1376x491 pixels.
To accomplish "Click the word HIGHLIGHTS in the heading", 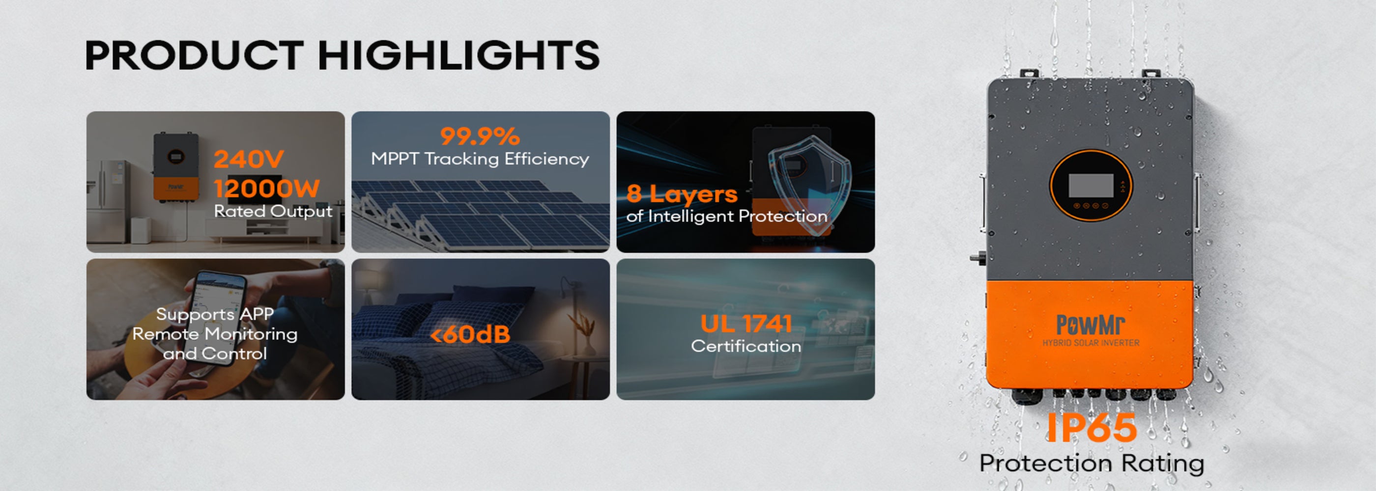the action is [x=459, y=55].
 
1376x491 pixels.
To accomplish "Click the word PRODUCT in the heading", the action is [x=195, y=55].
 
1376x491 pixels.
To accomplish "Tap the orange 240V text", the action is [x=249, y=159].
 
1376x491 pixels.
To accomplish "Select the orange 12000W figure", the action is [x=266, y=188].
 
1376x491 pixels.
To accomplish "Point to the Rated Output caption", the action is [x=273, y=211].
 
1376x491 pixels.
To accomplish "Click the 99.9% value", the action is [x=480, y=136].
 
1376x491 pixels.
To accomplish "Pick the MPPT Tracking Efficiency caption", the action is [x=480, y=159].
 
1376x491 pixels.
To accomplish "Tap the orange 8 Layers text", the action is [x=682, y=194].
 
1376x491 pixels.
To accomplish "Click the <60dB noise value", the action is [x=470, y=335].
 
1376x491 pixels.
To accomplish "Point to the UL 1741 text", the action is [x=745, y=324].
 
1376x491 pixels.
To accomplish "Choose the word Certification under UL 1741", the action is [x=745, y=346].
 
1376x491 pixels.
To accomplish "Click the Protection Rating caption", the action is [x=1091, y=463].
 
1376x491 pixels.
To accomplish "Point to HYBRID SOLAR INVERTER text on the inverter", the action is [x=1091, y=343].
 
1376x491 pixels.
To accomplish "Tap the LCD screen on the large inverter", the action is [x=1091, y=185].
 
